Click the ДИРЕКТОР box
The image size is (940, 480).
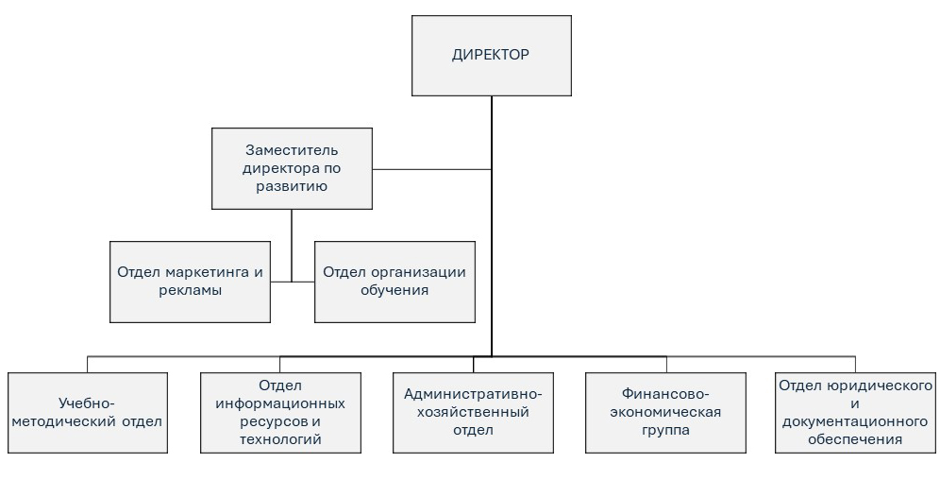coord(491,55)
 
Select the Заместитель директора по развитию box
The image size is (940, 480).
coord(292,168)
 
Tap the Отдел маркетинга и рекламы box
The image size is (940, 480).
coord(190,281)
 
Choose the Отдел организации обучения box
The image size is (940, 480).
coord(394,281)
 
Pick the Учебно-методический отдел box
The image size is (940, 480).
coord(88,412)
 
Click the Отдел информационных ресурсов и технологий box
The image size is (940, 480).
coord(280,412)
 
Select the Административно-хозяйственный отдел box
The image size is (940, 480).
coord(473,412)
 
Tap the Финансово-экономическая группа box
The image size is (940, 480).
coord(665,412)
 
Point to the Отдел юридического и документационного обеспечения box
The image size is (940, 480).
coord(856,412)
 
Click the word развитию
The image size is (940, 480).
coord(292,186)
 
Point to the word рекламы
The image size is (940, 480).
coord(190,290)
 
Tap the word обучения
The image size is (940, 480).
coord(394,290)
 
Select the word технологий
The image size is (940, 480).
coord(280,439)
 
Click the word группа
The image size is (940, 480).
coord(665,430)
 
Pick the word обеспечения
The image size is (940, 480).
coord(856,439)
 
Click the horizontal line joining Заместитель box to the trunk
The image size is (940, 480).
coord(431,169)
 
